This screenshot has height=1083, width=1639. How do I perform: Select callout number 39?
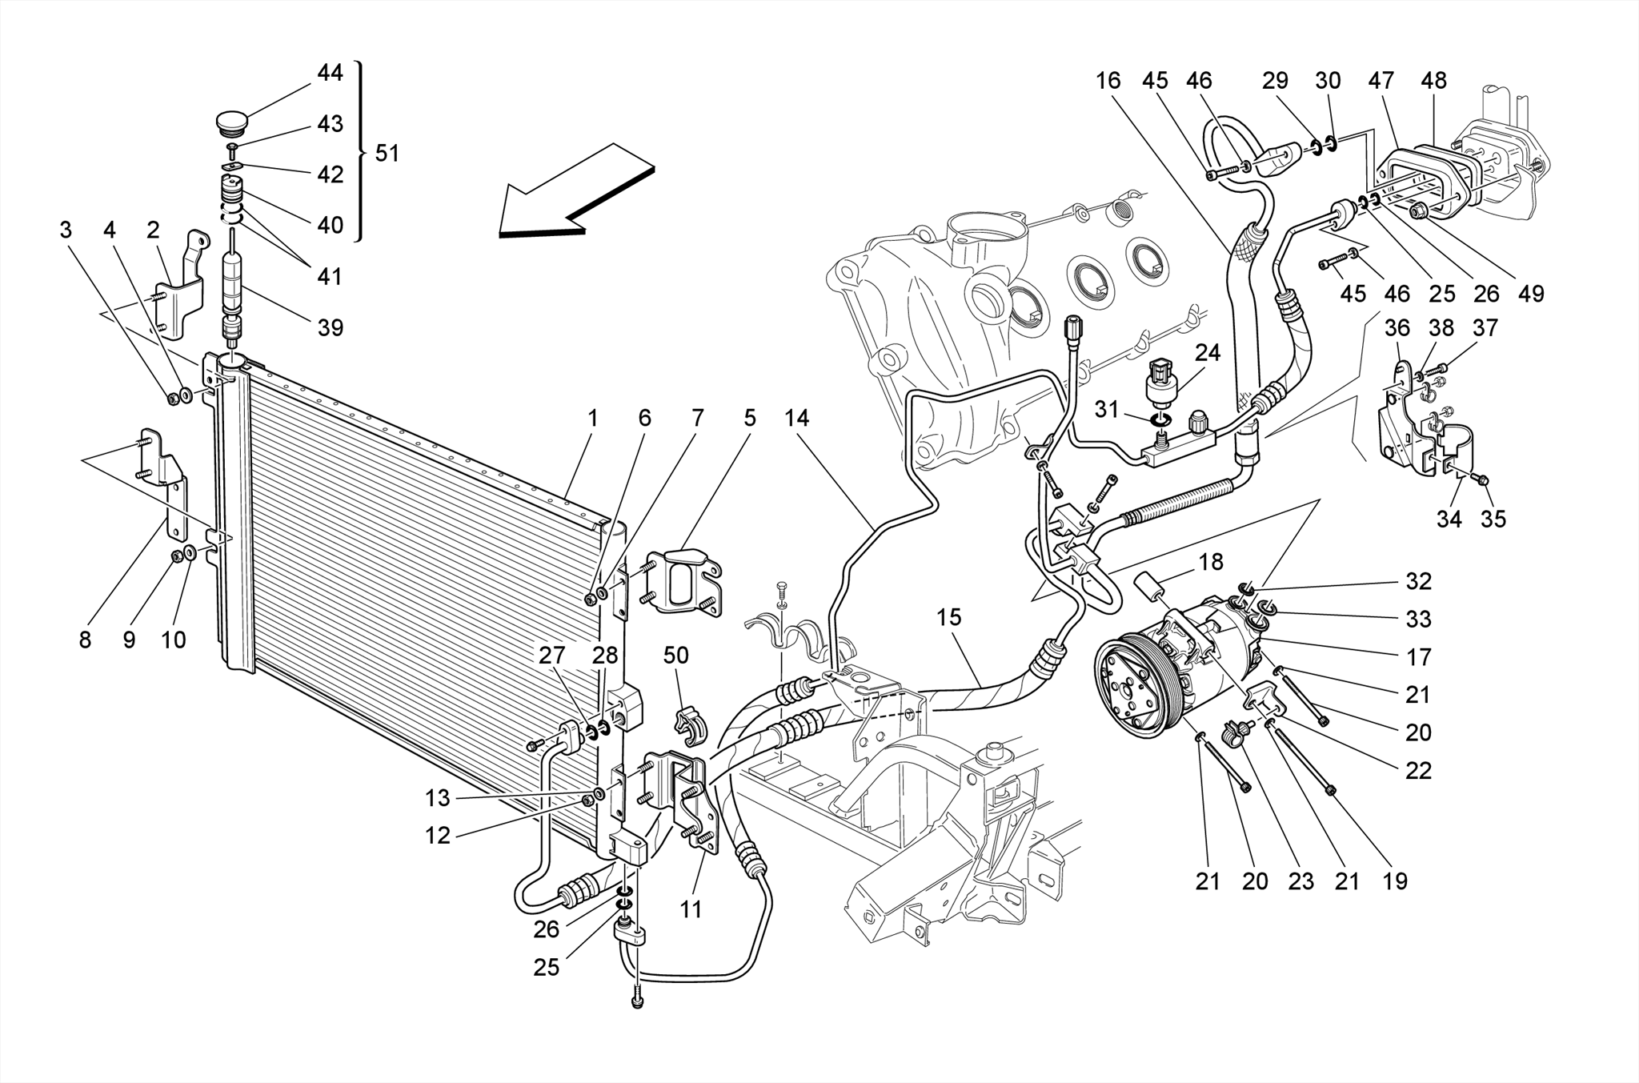pyautogui.click(x=331, y=327)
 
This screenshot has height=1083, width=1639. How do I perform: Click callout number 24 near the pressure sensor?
pyautogui.click(x=1207, y=352)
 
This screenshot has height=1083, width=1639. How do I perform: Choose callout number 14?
pyautogui.click(x=796, y=418)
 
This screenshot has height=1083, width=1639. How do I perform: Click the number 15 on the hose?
pyautogui.click(x=948, y=617)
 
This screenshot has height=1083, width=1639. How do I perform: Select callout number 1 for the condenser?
pyautogui.click(x=592, y=418)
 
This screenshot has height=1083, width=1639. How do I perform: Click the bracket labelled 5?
pyautogui.click(x=683, y=581)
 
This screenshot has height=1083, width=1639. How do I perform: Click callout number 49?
pyautogui.click(x=1530, y=294)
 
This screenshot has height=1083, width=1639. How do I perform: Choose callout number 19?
pyautogui.click(x=1394, y=881)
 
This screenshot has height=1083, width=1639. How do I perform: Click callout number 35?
pyautogui.click(x=1493, y=519)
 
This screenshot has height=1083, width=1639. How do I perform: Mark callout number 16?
pyautogui.click(x=1108, y=80)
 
